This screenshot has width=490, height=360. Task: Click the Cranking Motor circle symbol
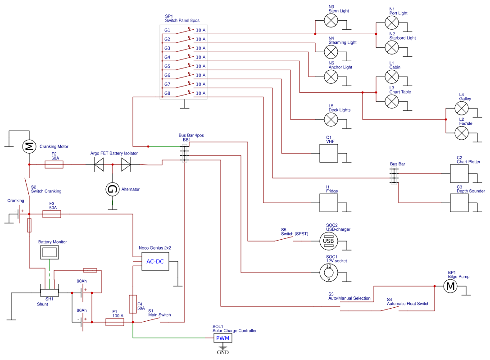(29, 146)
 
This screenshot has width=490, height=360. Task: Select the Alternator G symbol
(112, 190)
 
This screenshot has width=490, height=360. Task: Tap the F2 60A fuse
(54, 165)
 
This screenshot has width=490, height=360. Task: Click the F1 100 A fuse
(114, 322)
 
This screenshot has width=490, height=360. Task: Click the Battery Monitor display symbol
(48, 253)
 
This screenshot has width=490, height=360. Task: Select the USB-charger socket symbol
(328, 242)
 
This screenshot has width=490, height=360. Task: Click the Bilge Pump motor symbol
(450, 286)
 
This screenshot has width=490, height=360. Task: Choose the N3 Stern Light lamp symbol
(331, 21)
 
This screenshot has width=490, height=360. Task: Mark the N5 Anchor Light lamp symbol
(331, 77)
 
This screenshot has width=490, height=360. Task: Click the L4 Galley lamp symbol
(462, 108)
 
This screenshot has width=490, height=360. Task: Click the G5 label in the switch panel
(167, 66)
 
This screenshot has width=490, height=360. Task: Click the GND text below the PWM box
(223, 352)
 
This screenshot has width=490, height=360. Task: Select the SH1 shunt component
(49, 293)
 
